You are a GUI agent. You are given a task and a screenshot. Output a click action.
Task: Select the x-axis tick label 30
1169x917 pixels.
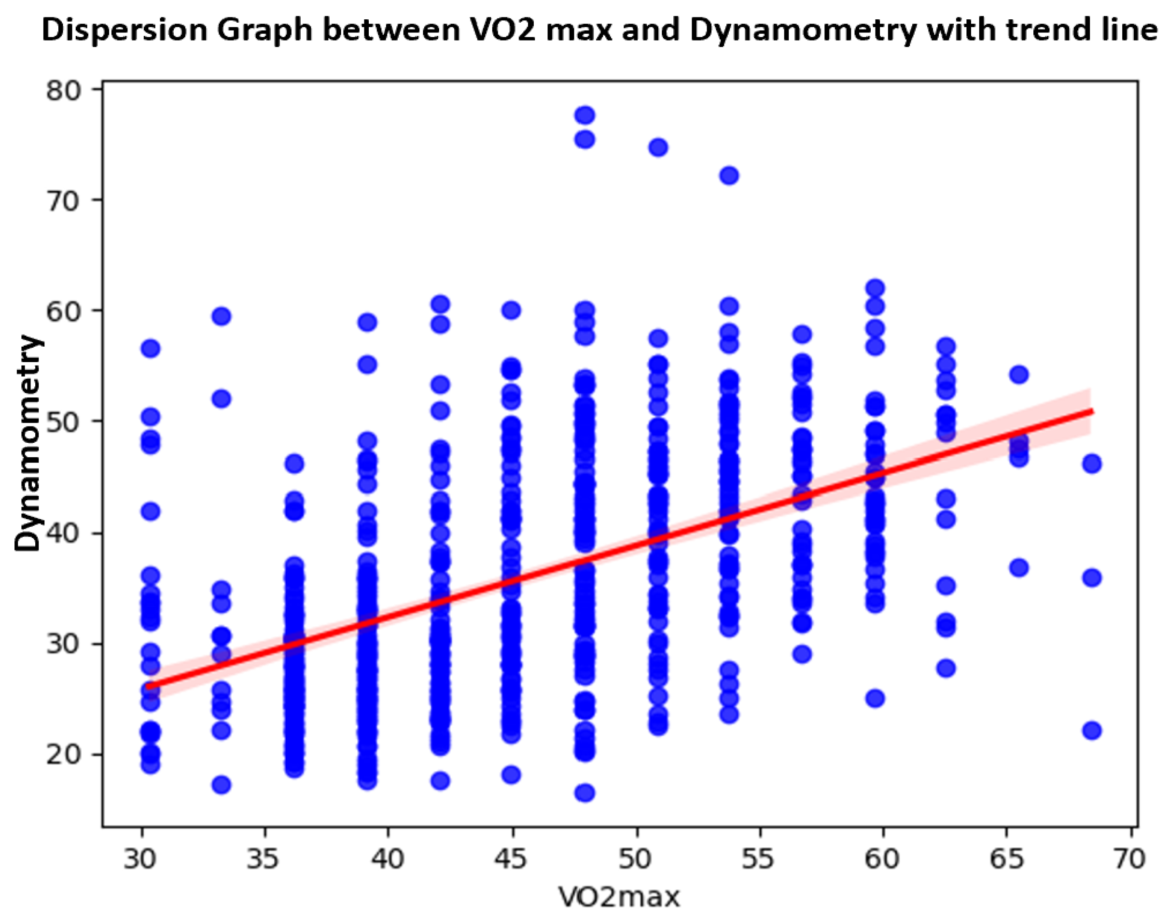point(140,860)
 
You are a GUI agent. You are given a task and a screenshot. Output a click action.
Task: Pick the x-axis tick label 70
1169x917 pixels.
point(1129,860)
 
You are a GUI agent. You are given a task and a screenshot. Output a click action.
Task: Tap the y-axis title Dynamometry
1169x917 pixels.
point(28,443)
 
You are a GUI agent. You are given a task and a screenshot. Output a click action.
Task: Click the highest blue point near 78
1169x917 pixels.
point(585,115)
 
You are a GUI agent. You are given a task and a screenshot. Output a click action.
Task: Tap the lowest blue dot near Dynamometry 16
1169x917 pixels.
point(585,792)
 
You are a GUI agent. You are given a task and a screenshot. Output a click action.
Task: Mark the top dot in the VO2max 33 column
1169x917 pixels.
point(222,316)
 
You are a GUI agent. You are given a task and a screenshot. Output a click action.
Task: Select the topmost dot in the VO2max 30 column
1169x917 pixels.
point(151,349)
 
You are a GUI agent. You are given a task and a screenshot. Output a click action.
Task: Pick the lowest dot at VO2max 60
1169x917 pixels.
point(876,698)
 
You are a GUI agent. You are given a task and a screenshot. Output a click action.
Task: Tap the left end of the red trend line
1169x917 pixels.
point(148,686)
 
